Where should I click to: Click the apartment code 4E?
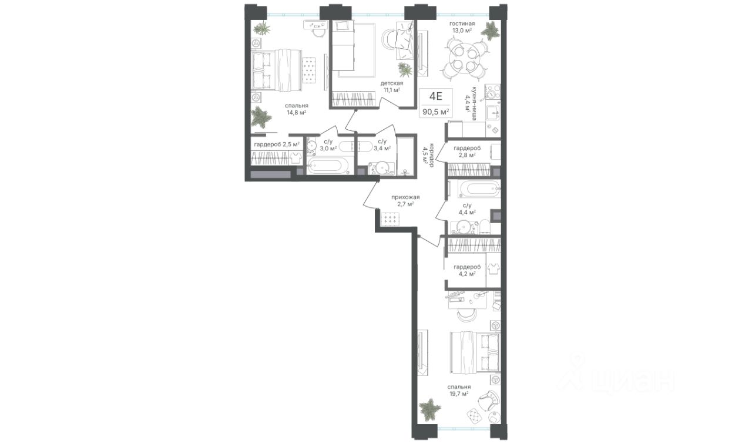(x=436, y=97)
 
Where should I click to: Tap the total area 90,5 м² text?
(x=436, y=112)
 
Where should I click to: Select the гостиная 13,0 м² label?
(x=462, y=27)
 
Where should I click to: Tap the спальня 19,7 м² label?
(x=459, y=391)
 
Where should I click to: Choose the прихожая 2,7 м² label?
(x=405, y=200)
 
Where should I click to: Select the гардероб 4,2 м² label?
(x=467, y=270)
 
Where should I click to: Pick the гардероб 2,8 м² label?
(x=467, y=152)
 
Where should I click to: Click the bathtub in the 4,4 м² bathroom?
(x=479, y=189)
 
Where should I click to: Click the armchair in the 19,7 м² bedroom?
(x=488, y=401)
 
